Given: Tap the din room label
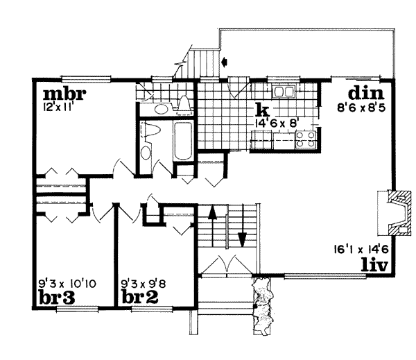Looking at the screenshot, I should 367,94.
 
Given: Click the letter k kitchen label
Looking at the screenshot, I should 261,110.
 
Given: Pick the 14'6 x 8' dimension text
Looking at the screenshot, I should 278,123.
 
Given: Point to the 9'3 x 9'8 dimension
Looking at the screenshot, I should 146,283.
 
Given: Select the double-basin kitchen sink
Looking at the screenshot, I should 284,92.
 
